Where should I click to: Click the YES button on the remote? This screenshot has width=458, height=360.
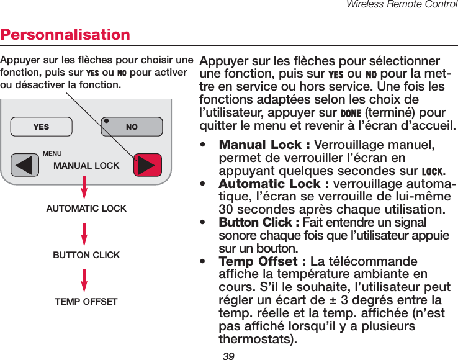tap(41, 127)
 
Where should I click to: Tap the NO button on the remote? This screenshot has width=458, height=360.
tap(132, 127)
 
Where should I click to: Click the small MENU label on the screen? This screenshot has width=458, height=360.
tap(52, 153)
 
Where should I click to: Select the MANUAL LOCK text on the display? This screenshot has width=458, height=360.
tap(86, 166)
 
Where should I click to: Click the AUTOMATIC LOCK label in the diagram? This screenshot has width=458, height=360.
tap(86, 209)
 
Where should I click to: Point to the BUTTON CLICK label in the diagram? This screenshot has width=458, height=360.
tap(86, 255)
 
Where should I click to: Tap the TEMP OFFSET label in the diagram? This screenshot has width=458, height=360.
tap(86, 302)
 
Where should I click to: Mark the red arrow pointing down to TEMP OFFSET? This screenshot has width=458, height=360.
tap(84, 280)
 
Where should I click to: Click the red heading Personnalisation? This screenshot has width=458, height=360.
tap(65, 34)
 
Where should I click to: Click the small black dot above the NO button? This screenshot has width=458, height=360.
tap(107, 120)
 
